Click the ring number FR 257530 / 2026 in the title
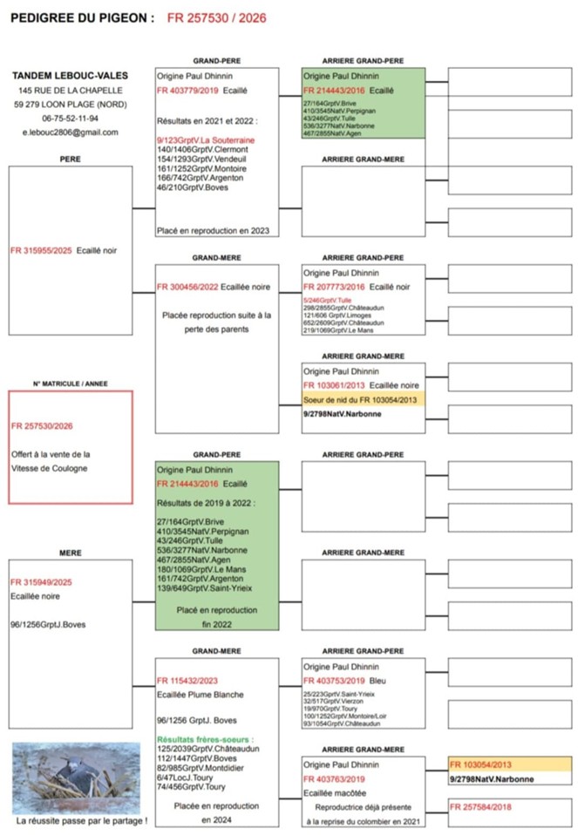click(216, 17)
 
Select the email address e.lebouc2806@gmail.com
click(71, 132)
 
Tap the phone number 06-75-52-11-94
click(70, 118)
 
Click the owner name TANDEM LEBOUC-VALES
click(70, 75)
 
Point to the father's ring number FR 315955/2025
click(39, 251)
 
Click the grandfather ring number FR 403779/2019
click(187, 90)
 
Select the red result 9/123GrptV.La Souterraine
click(204, 139)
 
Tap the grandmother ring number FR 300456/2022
click(187, 287)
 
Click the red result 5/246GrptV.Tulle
click(327, 300)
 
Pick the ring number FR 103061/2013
click(333, 384)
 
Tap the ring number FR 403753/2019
click(333, 681)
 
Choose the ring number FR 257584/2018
click(480, 807)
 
